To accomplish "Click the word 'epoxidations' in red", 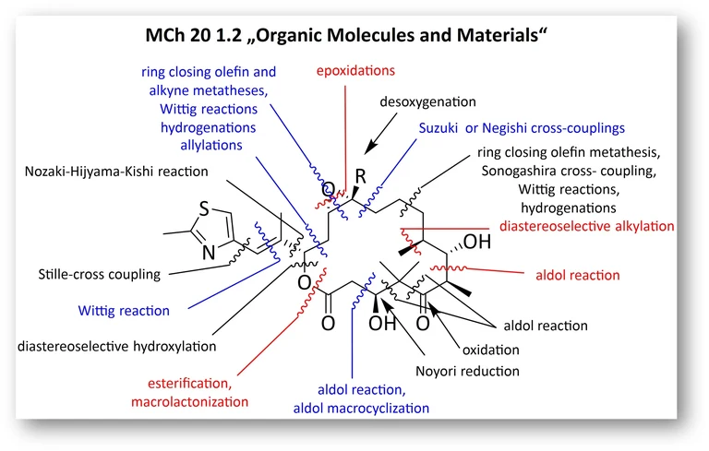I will pos(355,70).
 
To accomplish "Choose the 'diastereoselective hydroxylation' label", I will pos(116,347).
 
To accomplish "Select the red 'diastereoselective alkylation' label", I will pos(586,225).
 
